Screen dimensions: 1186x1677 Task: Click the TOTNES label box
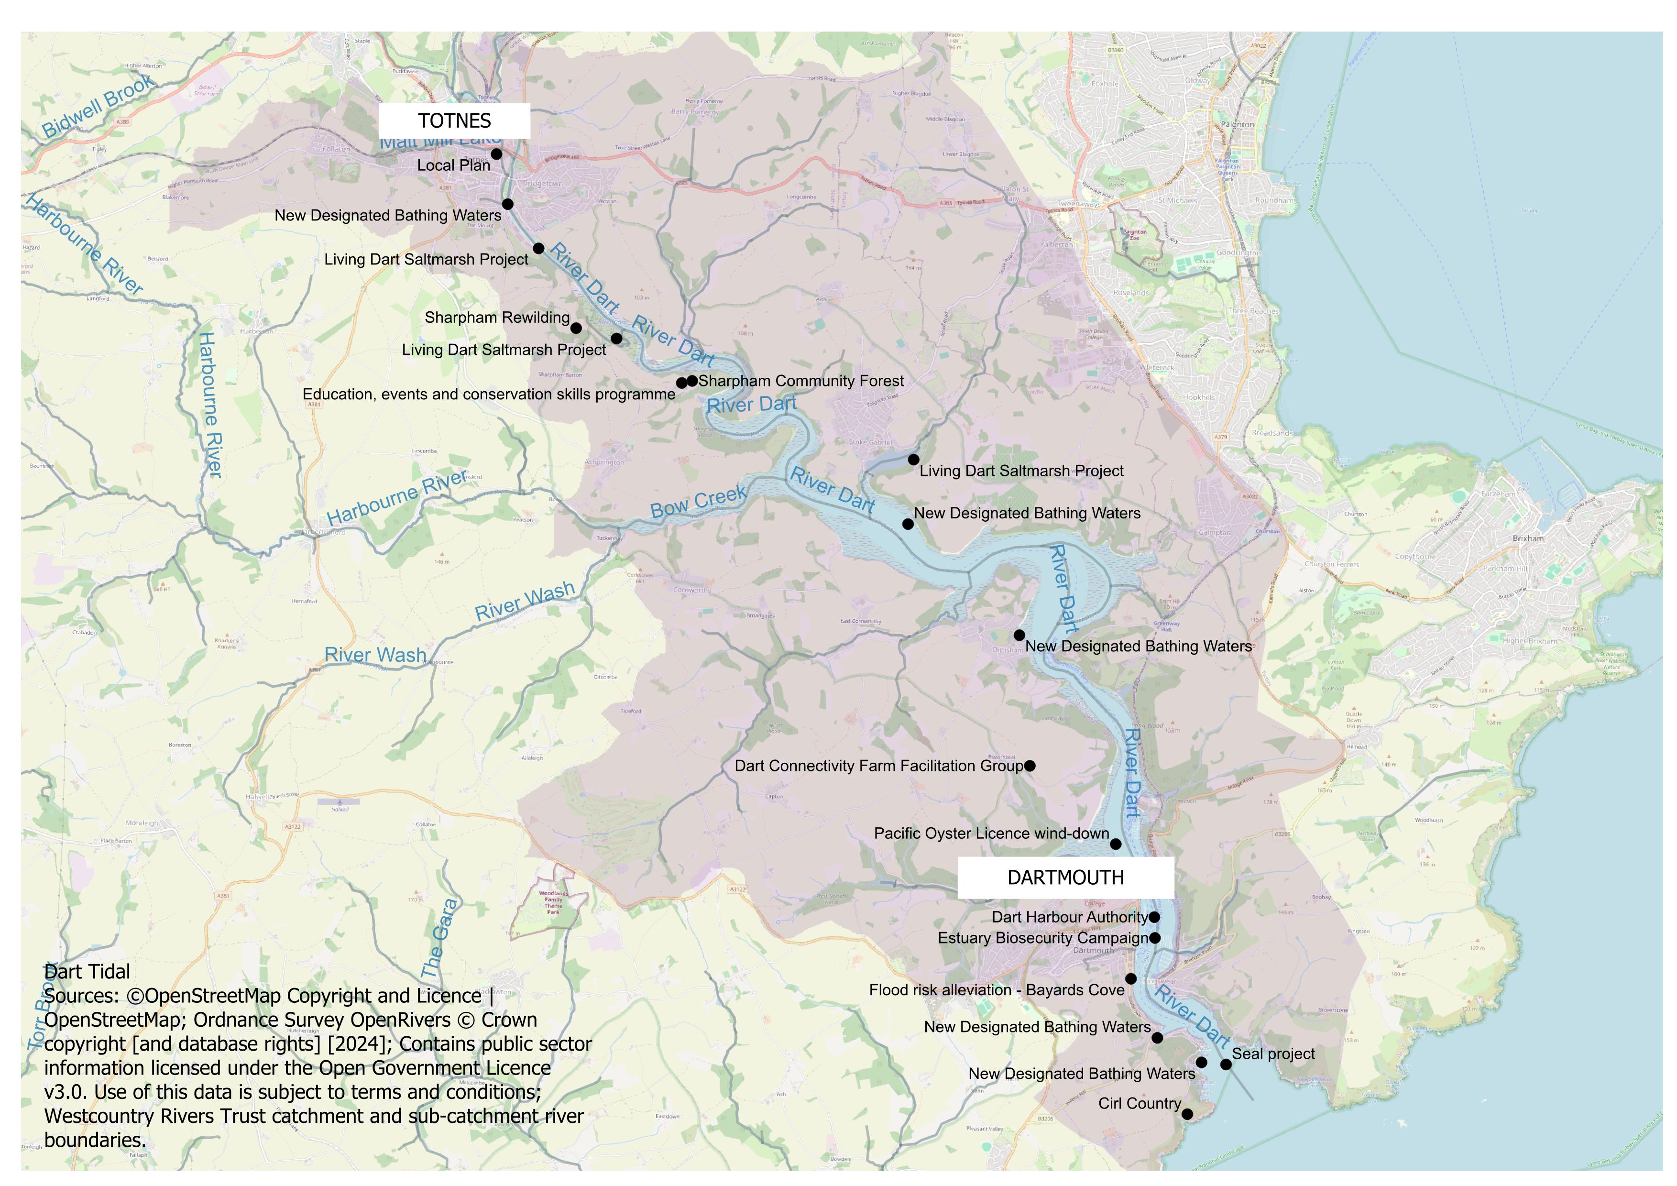click(454, 121)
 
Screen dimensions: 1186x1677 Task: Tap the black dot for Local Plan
click(496, 154)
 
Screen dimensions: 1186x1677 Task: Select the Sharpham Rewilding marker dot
click(576, 328)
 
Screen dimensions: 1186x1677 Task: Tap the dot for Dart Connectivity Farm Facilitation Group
click(1029, 766)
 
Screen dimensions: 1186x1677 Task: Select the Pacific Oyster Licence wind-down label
click(991, 833)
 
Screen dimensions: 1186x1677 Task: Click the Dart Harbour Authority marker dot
click(1154, 917)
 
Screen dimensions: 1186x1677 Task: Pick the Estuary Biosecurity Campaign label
click(1043, 938)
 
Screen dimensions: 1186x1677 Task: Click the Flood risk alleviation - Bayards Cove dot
click(1130, 978)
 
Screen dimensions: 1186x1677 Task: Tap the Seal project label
click(1273, 1054)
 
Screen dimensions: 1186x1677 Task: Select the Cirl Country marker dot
click(1187, 1114)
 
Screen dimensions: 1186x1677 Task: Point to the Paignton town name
click(1237, 124)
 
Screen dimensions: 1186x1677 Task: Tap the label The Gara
click(439, 938)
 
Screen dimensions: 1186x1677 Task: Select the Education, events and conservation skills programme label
click(489, 395)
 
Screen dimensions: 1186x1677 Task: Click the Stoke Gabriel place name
click(870, 442)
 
